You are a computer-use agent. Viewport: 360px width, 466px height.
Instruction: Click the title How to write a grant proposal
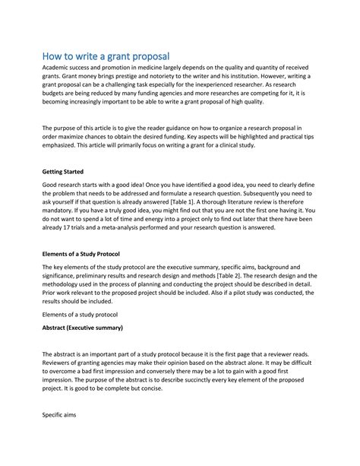[106, 56]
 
